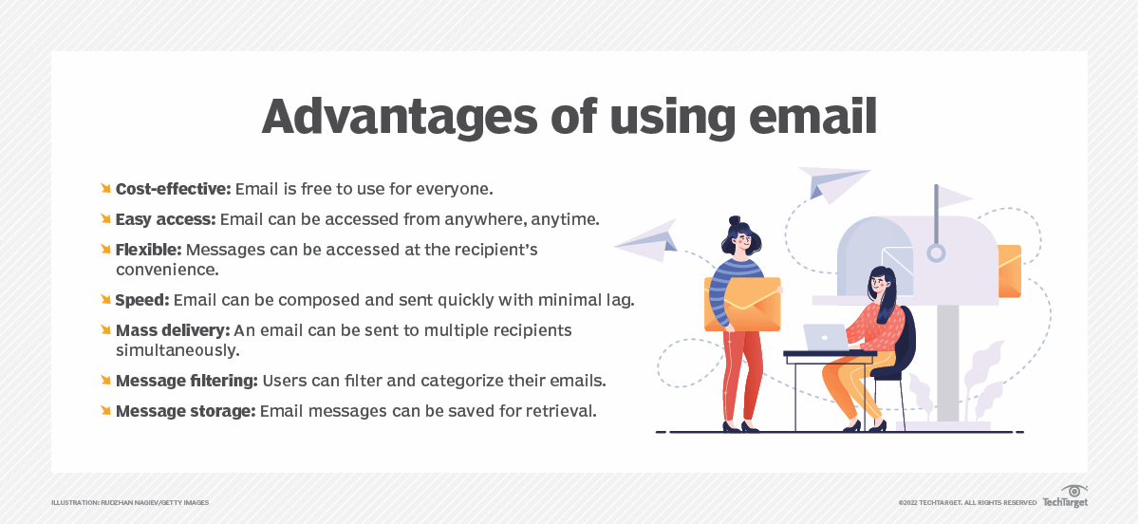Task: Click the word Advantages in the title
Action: click(x=400, y=118)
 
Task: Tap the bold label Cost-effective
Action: click(x=174, y=189)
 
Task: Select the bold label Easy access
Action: click(x=166, y=219)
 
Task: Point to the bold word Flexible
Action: click(x=148, y=250)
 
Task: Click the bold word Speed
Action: click(x=142, y=300)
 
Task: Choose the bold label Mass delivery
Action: click(x=173, y=330)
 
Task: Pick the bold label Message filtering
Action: click(x=187, y=381)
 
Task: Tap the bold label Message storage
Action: click(x=186, y=411)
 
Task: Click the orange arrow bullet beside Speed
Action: click(x=105, y=299)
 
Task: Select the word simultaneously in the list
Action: click(x=177, y=350)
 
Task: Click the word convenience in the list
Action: click(x=167, y=270)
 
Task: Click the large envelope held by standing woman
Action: click(x=743, y=304)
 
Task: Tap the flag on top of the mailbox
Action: click(x=955, y=196)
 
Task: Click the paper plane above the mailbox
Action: click(x=833, y=184)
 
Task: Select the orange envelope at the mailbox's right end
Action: click(x=1009, y=271)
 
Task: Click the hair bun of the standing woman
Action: click(x=735, y=221)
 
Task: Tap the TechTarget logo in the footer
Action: click(x=1065, y=496)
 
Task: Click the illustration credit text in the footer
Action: click(x=130, y=502)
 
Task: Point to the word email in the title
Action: click(x=812, y=116)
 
